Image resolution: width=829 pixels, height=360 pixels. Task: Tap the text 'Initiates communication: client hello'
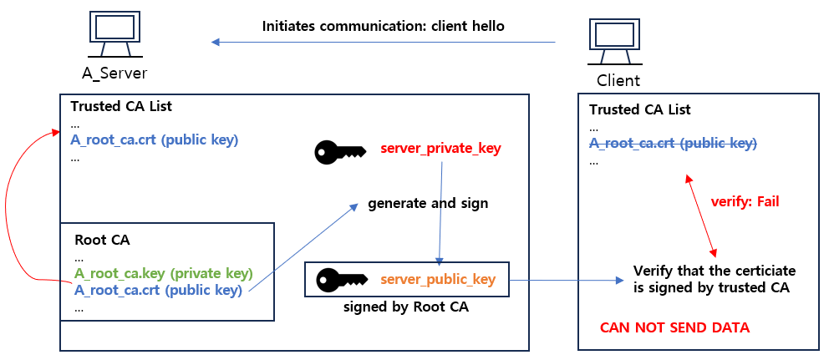click(383, 26)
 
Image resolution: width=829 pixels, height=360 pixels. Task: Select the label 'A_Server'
click(114, 73)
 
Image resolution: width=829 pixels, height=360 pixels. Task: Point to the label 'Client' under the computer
click(618, 80)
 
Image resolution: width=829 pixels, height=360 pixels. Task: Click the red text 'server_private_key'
click(440, 149)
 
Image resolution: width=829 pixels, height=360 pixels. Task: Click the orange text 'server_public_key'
click(438, 279)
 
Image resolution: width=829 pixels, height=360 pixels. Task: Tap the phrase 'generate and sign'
click(428, 203)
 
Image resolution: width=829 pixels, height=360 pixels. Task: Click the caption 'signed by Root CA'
click(406, 307)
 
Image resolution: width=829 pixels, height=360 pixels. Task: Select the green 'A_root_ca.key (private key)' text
click(164, 273)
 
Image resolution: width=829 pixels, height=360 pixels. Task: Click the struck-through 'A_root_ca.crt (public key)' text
click(673, 143)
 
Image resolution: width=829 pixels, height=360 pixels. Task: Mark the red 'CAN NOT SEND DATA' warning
click(674, 327)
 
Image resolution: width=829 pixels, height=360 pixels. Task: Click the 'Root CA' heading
click(102, 240)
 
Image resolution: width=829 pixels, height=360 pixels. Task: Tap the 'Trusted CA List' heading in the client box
click(640, 109)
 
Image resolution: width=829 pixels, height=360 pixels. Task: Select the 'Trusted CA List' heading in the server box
click(121, 106)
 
